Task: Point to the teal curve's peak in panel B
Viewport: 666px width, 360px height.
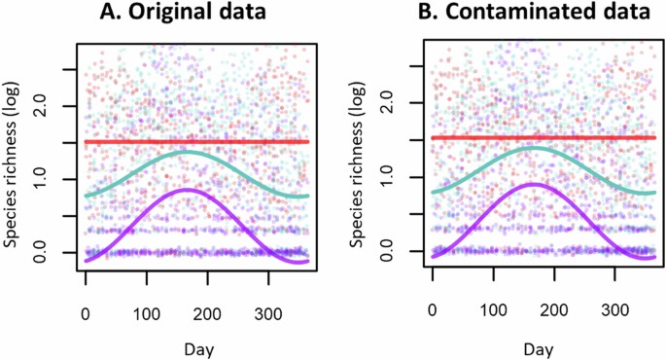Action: pyautogui.click(x=533, y=148)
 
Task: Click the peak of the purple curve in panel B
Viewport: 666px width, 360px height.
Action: pyautogui.click(x=534, y=184)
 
